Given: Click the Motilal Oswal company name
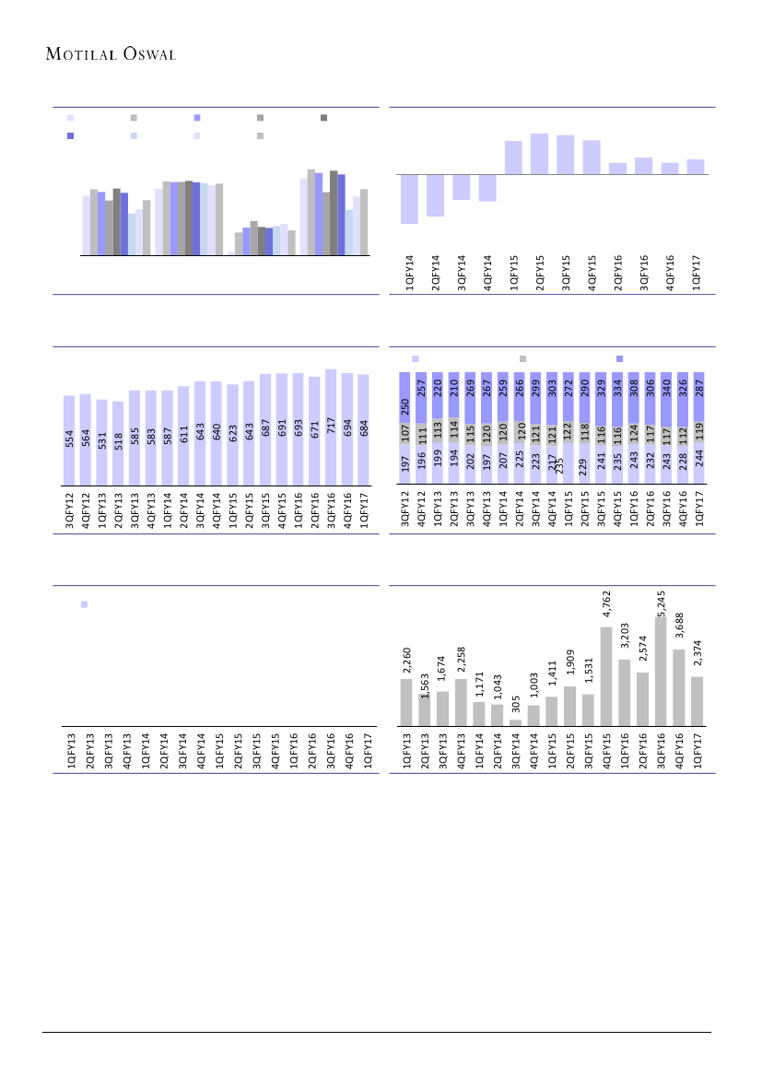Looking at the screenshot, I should (111, 53).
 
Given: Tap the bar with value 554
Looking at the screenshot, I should (69, 439).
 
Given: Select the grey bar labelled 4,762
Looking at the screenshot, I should (606, 676).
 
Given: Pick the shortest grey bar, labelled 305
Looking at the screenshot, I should (515, 722).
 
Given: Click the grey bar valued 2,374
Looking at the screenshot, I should (697, 701).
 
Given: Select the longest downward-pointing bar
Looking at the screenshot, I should (410, 199).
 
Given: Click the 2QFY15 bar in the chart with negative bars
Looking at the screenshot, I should (539, 154).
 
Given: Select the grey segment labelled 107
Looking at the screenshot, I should (404, 433).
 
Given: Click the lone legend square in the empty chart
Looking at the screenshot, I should (84, 604).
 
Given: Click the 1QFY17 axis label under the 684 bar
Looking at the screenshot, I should (364, 510).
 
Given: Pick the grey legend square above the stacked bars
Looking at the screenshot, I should (522, 358).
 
